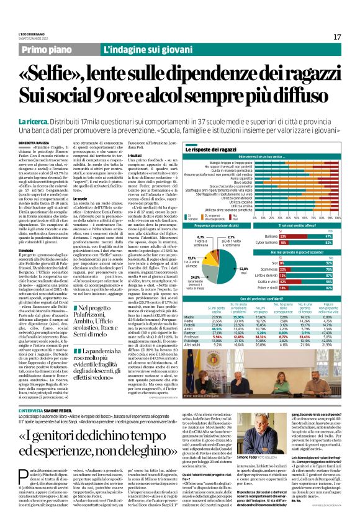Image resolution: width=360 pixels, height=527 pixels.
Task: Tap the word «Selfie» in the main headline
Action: click(x=62, y=77)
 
